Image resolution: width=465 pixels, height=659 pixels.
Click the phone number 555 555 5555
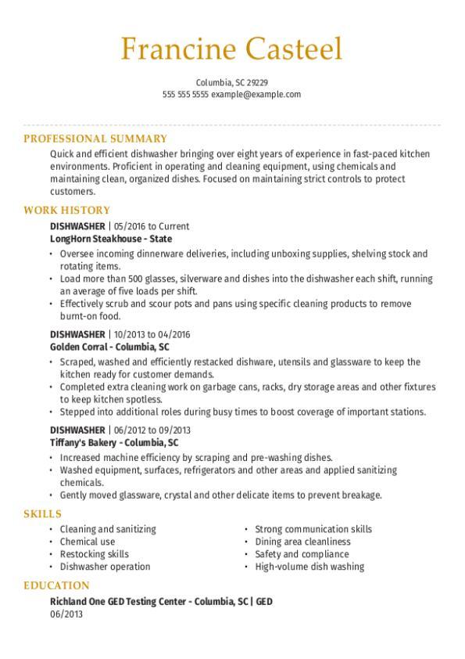(186, 94)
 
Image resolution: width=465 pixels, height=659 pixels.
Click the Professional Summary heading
(95, 139)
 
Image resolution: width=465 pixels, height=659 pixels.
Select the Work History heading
(66, 211)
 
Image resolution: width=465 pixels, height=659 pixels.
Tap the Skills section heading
(42, 513)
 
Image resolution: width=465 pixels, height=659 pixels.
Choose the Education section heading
(56, 585)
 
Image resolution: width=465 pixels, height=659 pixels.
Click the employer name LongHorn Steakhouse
(98, 239)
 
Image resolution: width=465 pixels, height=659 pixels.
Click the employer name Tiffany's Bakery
(84, 442)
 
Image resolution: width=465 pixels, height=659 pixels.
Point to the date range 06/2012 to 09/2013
(152, 430)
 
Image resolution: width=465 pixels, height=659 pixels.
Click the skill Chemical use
(88, 542)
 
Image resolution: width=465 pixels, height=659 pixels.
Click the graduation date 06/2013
(66, 614)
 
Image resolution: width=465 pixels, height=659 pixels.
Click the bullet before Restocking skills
(52, 554)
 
